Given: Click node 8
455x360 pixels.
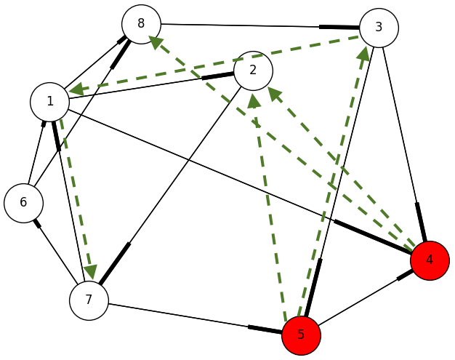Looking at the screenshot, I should [x=141, y=24].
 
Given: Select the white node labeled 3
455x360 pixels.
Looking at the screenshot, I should [x=379, y=28].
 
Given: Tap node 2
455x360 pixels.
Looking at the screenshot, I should [x=253, y=71].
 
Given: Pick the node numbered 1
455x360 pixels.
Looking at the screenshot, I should [x=49, y=101].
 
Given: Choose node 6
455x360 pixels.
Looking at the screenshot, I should [x=23, y=202].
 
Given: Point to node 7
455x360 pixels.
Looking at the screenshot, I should [x=89, y=300].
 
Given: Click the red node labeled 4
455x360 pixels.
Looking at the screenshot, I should [x=430, y=260].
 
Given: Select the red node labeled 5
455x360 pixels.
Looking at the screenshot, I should [x=301, y=335].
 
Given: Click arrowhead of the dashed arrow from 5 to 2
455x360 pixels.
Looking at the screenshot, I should [x=255, y=100].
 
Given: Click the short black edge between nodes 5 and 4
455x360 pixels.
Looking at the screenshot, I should [x=365, y=297].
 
